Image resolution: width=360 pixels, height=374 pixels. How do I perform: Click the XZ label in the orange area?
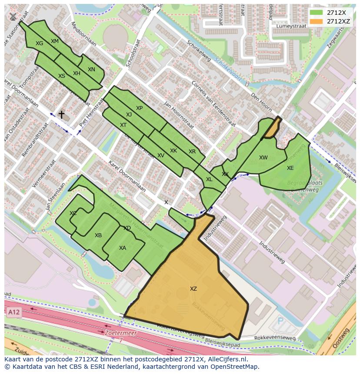(x=193, y=289)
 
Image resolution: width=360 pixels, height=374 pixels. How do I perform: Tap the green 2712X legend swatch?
(x=317, y=13)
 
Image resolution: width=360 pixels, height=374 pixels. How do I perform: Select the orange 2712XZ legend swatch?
(x=317, y=21)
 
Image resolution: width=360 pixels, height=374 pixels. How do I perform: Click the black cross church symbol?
(x=62, y=115)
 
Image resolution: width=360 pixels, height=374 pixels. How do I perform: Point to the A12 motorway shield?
(x=14, y=312)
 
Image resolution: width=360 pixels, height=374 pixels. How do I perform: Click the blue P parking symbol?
(x=280, y=321)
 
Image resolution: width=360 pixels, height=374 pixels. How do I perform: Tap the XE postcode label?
(x=290, y=168)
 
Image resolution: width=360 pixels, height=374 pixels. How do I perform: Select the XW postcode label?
(x=263, y=158)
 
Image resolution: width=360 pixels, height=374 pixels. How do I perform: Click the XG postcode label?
(x=40, y=43)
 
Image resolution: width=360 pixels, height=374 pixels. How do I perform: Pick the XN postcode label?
(x=91, y=70)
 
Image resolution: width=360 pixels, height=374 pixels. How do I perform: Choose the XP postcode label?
(x=139, y=108)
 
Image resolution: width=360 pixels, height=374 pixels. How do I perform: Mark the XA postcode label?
(x=123, y=248)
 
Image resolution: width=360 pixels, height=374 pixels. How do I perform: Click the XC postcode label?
(x=73, y=213)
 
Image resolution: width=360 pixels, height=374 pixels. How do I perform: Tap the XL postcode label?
(x=209, y=179)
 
